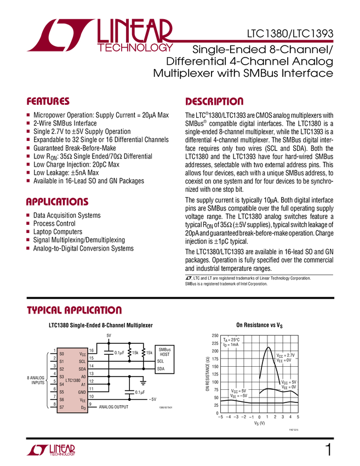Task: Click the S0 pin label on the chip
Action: (x=61, y=354)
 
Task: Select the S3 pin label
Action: (x=61, y=377)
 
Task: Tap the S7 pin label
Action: (x=61, y=407)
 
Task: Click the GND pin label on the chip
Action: (x=82, y=393)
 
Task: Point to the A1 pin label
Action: (x=83, y=385)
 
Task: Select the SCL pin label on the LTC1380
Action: (x=82, y=362)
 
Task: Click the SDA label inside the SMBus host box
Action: (x=161, y=369)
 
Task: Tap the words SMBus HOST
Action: (x=164, y=352)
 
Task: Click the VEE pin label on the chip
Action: (x=83, y=400)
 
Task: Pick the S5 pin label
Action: (x=61, y=392)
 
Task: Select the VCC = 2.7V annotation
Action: (x=285, y=355)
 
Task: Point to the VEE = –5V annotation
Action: (x=239, y=395)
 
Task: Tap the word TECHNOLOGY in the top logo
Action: (x=135, y=48)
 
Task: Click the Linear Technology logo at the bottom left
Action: (x=50, y=450)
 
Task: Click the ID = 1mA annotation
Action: (x=230, y=345)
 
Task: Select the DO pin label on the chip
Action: (x=83, y=408)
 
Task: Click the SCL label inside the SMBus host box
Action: (x=161, y=361)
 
